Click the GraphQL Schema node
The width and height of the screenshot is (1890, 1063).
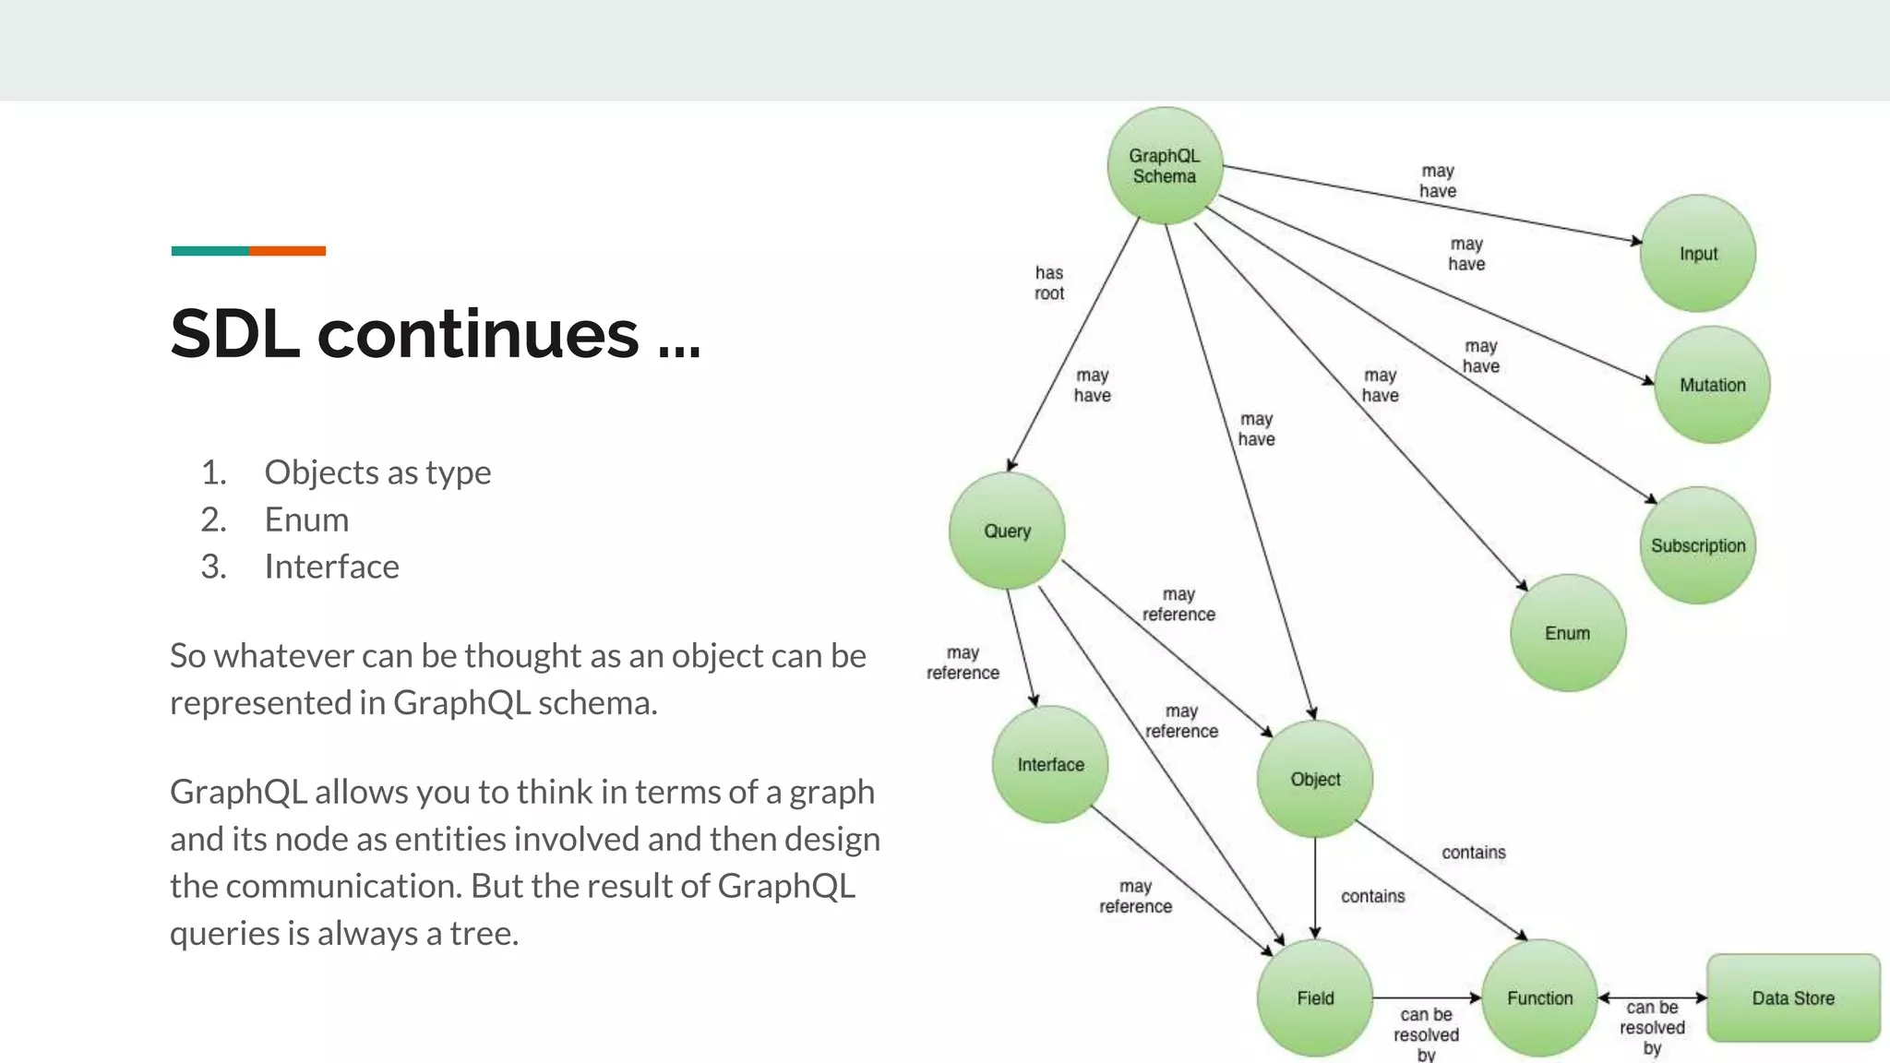1165,166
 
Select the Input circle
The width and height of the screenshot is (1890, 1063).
1697,254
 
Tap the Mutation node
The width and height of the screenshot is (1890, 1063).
1712,385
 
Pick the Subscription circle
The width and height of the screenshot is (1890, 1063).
1697,545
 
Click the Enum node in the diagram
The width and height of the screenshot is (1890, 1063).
1567,633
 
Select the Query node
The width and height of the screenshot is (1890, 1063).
1007,531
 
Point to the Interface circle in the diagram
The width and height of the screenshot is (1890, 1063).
1050,764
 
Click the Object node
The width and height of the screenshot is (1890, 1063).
1315,779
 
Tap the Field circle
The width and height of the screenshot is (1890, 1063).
1315,997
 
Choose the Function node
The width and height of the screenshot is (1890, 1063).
1539,997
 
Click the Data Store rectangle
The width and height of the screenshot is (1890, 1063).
1793,997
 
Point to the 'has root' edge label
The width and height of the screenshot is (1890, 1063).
1049,283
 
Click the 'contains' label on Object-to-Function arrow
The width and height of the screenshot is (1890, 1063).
1473,853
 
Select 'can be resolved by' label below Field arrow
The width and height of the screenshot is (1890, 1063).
1426,1034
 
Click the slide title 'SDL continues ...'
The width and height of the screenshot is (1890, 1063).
436,333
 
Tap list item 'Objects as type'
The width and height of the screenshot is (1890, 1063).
377,472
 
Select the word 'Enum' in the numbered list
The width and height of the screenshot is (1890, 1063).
306,520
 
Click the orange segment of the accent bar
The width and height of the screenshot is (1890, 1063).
287,251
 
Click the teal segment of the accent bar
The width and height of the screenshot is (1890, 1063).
209,251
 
